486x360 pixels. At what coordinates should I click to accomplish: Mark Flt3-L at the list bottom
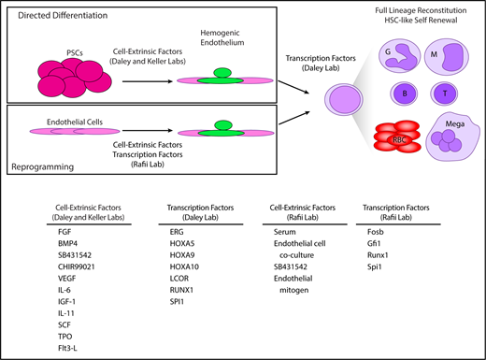coord(69,343)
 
